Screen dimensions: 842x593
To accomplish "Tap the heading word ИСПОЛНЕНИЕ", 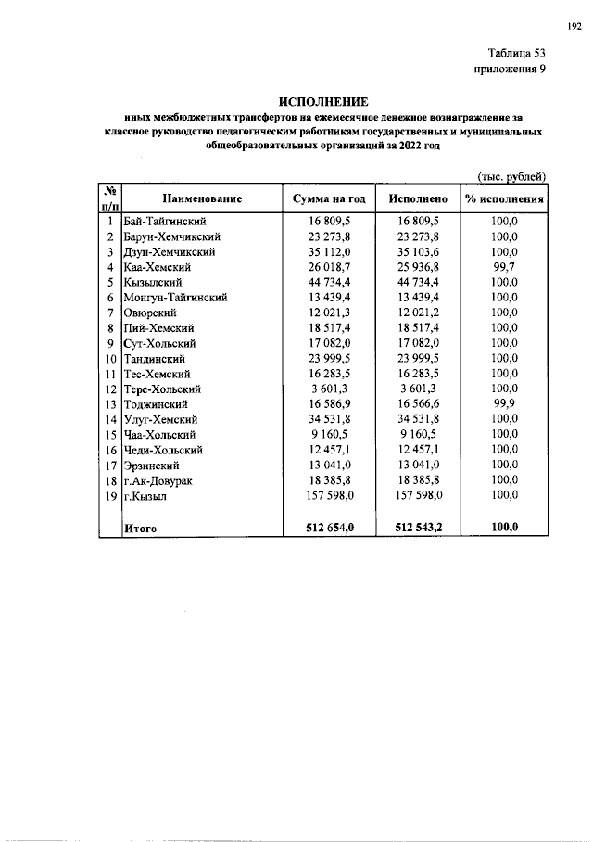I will pyautogui.click(x=323, y=100).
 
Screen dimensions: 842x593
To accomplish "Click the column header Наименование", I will pyautogui.click(x=202, y=198).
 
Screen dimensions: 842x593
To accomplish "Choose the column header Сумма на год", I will pyautogui.click(x=330, y=198).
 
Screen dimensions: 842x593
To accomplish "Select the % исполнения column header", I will pyautogui.click(x=504, y=198).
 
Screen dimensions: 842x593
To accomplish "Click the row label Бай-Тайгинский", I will pyautogui.click(x=163, y=222).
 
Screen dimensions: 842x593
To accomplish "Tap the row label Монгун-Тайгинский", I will pyautogui.click(x=175, y=298).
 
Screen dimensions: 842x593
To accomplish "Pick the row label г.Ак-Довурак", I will pyautogui.click(x=160, y=481).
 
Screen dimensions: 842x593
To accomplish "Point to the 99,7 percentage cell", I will pyautogui.click(x=504, y=267).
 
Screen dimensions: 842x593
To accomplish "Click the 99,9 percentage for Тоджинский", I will pyautogui.click(x=504, y=405).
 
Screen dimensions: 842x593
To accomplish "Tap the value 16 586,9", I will pyautogui.click(x=330, y=405).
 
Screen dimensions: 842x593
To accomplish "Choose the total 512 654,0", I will pyautogui.click(x=330, y=528).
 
